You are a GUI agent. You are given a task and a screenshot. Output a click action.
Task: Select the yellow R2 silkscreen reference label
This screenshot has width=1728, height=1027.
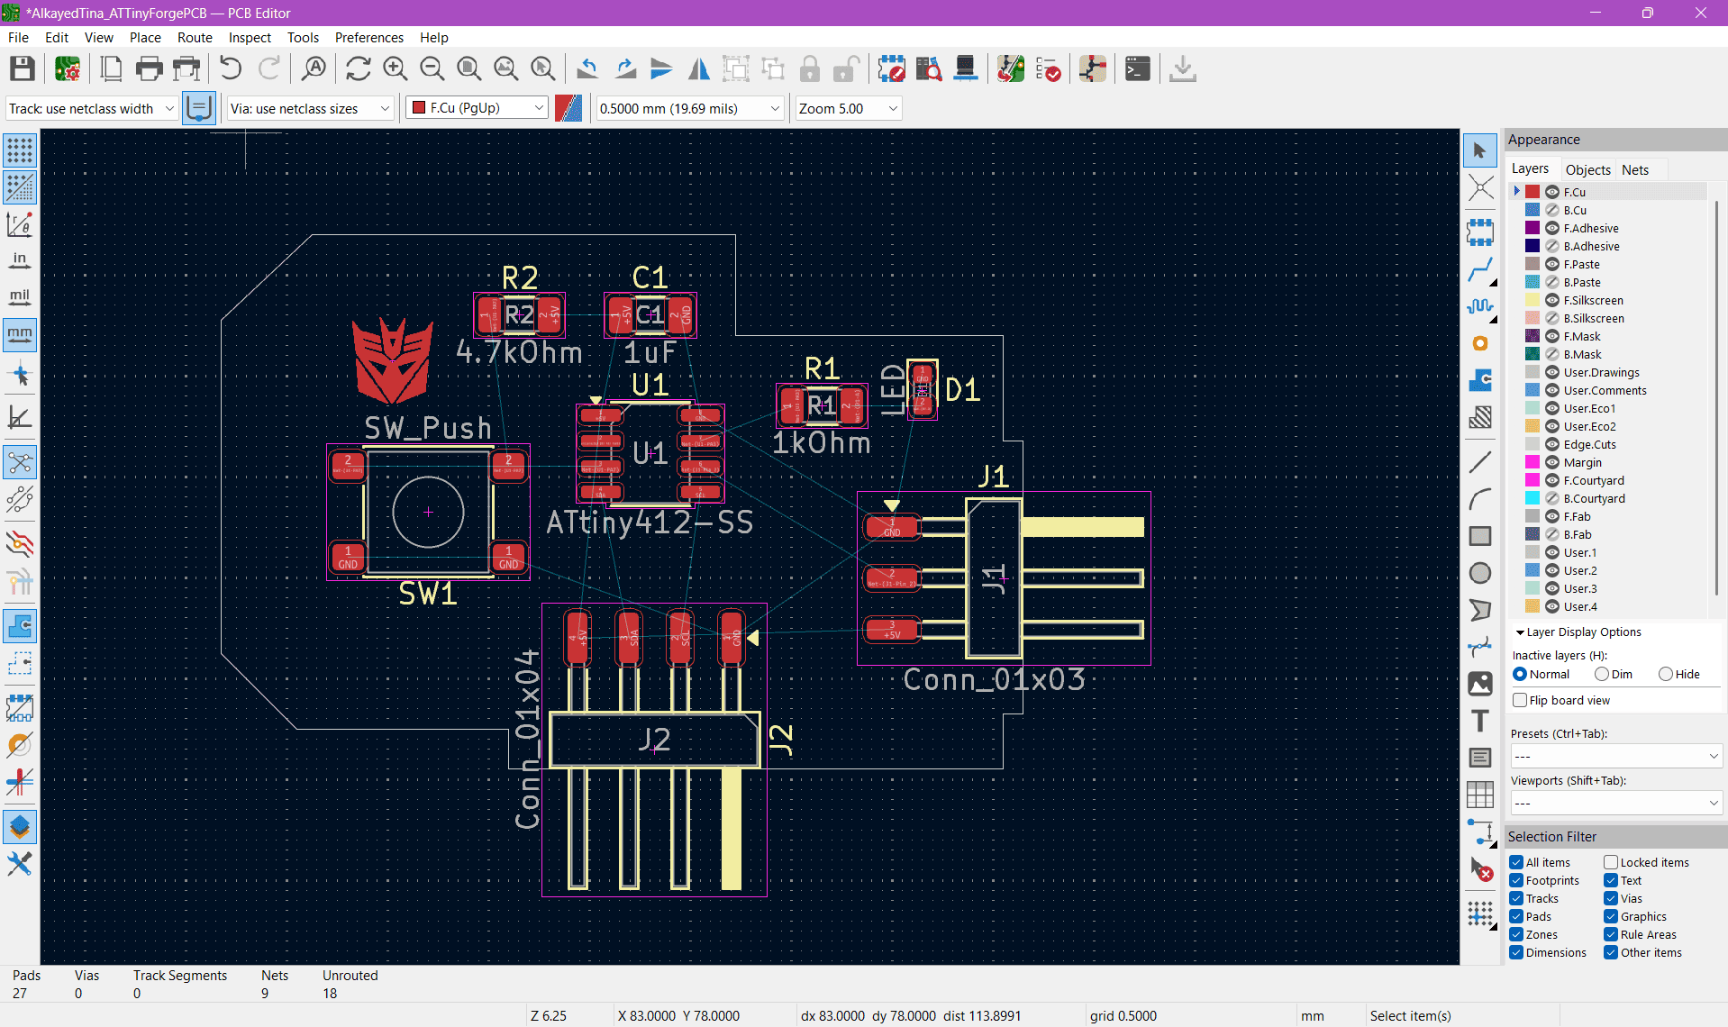click(x=520, y=277)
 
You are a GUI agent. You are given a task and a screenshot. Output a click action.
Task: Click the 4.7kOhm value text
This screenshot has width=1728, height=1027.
click(x=519, y=352)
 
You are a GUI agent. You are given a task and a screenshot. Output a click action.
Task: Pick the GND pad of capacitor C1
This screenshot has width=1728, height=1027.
click(x=682, y=315)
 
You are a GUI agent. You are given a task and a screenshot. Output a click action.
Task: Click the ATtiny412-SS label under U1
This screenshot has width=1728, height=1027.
click(x=650, y=523)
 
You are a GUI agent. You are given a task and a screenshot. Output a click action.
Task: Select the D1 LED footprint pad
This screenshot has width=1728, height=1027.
click(x=922, y=389)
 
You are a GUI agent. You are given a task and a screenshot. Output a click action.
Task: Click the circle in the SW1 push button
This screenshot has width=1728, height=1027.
click(x=428, y=512)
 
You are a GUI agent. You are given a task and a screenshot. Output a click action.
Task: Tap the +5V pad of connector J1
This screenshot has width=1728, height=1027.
click(x=891, y=630)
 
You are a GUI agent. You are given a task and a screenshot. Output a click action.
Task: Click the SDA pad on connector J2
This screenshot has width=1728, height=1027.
click(x=628, y=636)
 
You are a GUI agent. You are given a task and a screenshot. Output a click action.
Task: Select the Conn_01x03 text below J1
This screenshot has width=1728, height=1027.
click(x=994, y=680)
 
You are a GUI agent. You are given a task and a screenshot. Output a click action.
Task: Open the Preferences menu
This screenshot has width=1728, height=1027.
click(x=368, y=37)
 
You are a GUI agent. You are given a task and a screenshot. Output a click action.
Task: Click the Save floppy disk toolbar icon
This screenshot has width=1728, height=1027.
click(x=23, y=69)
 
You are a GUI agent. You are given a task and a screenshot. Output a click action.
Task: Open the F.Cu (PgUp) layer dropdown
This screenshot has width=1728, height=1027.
click(x=477, y=108)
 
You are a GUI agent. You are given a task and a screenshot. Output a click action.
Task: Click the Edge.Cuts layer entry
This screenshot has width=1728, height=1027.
click(x=1589, y=444)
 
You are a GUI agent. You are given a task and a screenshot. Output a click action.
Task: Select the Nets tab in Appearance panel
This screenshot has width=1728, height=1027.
click(x=1634, y=169)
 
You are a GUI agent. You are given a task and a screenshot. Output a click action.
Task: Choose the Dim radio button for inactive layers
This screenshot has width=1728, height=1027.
click(x=1601, y=674)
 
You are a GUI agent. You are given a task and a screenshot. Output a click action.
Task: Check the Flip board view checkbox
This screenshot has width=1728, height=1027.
click(x=1521, y=700)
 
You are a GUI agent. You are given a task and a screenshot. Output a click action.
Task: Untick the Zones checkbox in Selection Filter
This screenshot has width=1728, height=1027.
click(x=1517, y=934)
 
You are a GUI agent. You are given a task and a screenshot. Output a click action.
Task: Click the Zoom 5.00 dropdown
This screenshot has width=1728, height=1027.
click(x=848, y=108)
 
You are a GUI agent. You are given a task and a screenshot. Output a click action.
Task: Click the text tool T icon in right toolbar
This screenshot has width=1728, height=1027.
click(x=1479, y=721)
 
